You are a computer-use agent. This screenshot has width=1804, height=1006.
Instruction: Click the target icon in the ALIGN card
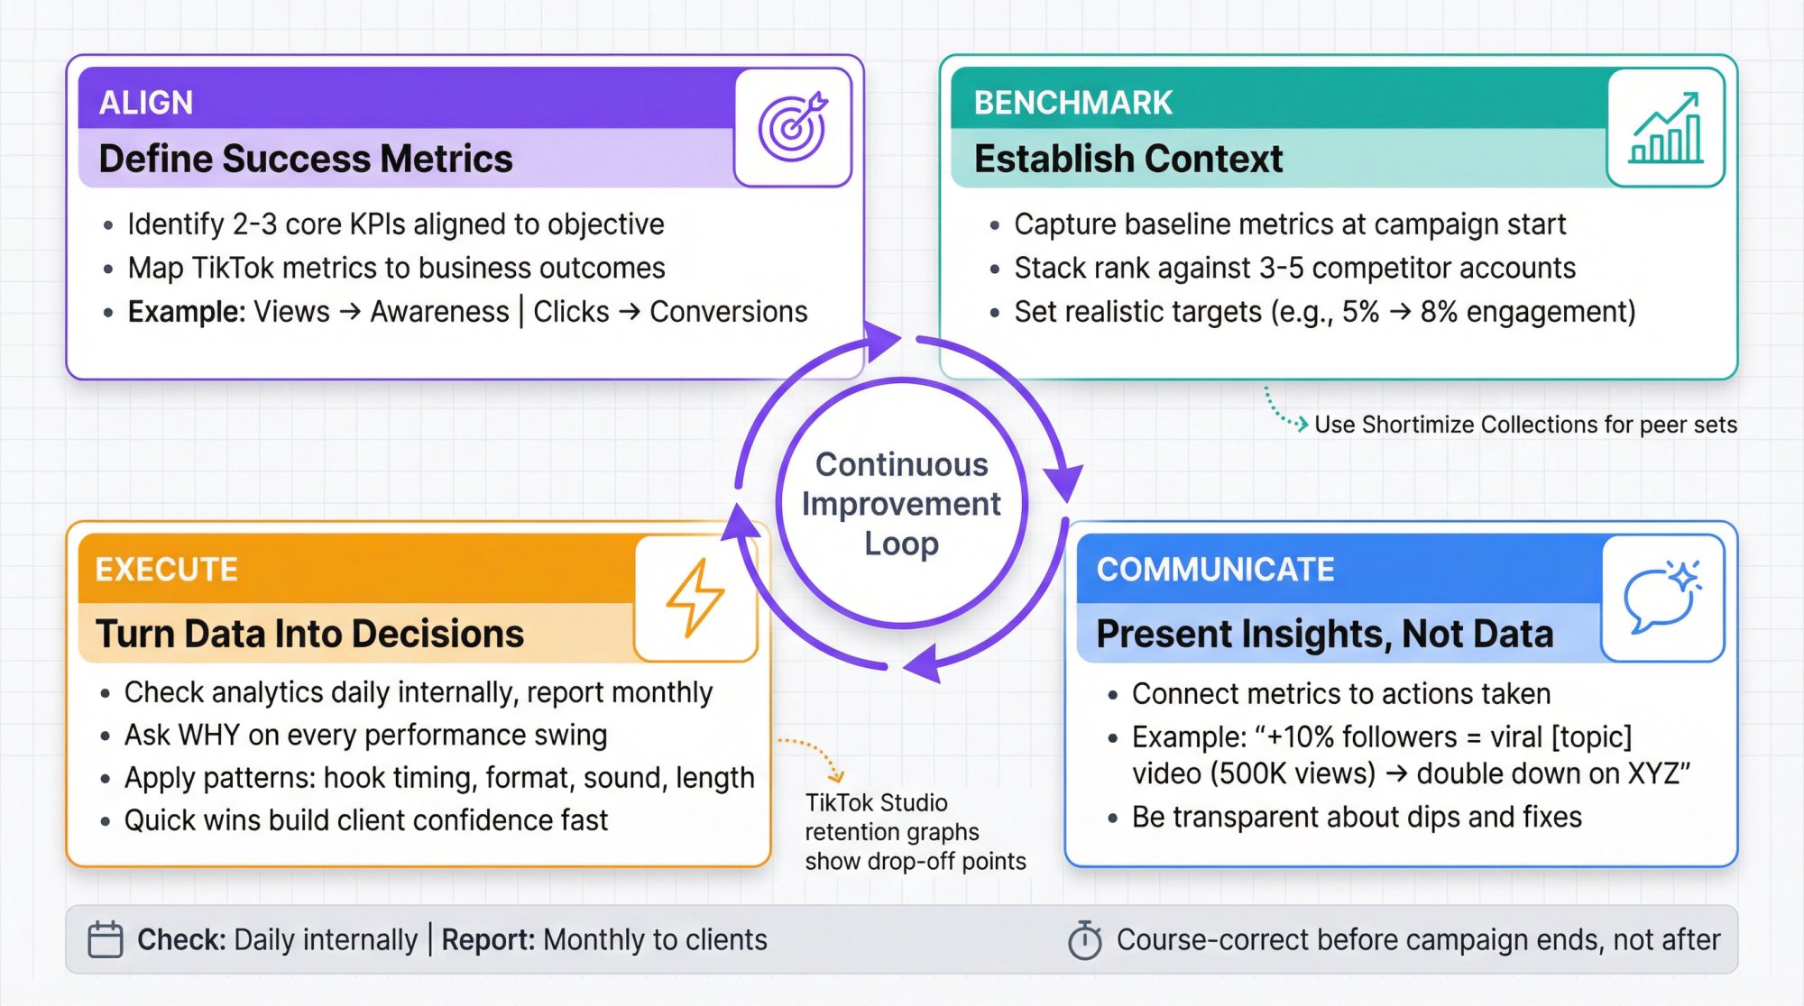pos(792,127)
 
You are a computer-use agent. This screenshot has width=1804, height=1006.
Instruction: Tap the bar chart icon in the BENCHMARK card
pos(1665,128)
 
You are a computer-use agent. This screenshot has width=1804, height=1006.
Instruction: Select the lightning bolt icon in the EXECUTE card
pos(695,597)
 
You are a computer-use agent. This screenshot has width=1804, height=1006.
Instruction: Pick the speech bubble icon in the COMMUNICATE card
pos(1661,597)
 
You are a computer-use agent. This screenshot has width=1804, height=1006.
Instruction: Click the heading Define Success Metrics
pos(306,159)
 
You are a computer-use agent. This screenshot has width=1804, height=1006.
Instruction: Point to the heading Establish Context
pos(1127,159)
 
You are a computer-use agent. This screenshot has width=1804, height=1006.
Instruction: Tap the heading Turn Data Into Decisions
pos(309,634)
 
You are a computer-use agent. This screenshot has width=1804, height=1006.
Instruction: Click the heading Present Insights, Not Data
pos(1324,634)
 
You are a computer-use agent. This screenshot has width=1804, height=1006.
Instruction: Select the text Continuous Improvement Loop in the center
pos(901,504)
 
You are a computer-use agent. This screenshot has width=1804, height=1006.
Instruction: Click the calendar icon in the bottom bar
pos(106,939)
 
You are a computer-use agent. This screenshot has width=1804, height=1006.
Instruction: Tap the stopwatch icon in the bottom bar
pos(1084,940)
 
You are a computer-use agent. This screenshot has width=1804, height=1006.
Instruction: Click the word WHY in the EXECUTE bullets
pos(208,736)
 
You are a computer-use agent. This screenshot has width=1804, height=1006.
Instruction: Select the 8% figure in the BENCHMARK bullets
pos(1439,312)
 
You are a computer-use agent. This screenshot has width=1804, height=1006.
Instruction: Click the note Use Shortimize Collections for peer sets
pos(1524,425)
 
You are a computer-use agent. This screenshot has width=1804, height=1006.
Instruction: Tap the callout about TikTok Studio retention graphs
pos(914,832)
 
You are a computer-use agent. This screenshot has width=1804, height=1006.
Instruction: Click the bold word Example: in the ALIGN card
pos(186,312)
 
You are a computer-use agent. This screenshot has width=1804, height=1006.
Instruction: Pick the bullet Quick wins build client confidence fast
pos(365,820)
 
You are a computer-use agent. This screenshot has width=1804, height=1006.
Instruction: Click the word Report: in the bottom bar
pos(488,940)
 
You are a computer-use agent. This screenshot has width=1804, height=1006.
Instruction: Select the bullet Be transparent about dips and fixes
pos(1356,817)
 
